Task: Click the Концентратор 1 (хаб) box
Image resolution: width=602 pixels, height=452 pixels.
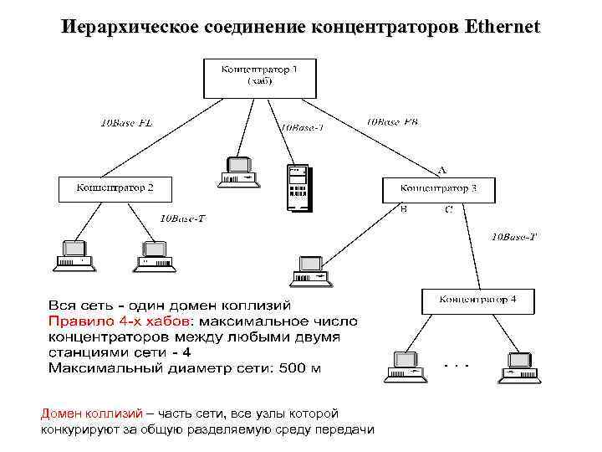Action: (258, 78)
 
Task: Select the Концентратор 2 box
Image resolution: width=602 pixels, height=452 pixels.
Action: (115, 188)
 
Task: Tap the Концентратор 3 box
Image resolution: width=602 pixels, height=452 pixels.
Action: (439, 188)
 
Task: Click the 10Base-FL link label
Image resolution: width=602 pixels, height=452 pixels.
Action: (126, 125)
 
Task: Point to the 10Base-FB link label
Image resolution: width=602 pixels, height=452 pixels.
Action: (392, 121)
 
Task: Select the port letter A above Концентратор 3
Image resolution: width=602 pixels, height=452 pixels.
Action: (441, 170)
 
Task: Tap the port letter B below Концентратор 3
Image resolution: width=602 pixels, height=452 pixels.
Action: (404, 208)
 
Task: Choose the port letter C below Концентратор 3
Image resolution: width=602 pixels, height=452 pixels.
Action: (448, 209)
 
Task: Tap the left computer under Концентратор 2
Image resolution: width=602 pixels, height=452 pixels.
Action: (74, 256)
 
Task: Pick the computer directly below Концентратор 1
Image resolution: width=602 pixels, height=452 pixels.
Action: (238, 171)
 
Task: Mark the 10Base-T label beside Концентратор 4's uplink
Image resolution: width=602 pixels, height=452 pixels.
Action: (513, 237)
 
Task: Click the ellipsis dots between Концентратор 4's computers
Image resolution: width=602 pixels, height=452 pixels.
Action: (457, 365)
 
